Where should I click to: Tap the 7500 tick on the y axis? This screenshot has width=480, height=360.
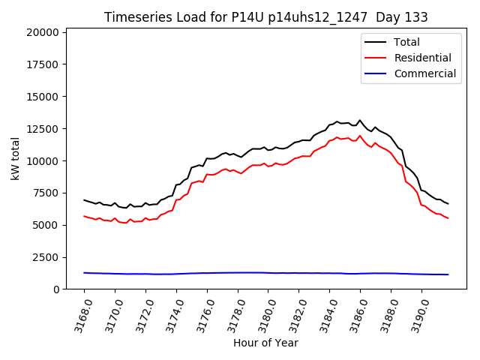[46, 193]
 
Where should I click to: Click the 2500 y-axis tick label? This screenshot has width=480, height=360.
[46, 257]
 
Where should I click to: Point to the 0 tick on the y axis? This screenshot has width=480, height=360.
[56, 289]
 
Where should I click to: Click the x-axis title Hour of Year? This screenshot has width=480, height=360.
[265, 343]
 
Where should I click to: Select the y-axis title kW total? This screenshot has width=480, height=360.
[16, 158]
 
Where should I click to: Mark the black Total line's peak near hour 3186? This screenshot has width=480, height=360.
[360, 120]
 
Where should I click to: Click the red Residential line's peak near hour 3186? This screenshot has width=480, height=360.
[360, 136]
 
